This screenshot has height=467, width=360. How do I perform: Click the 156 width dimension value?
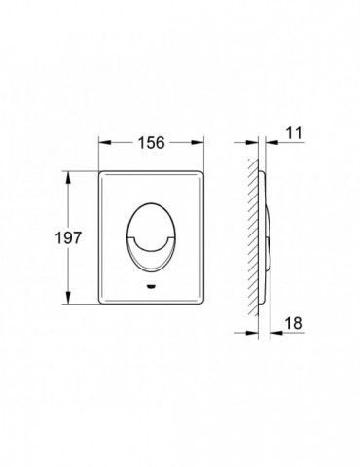(152, 143)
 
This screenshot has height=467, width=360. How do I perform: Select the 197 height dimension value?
(68, 238)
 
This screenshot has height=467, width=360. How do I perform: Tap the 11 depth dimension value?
(294, 133)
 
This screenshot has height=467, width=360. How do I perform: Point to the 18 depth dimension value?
(293, 323)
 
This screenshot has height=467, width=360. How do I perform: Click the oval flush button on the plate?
(151, 237)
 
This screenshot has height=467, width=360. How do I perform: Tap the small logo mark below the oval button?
(151, 286)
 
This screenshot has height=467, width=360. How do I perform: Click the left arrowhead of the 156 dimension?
(105, 143)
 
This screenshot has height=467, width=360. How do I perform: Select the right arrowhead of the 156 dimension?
(198, 143)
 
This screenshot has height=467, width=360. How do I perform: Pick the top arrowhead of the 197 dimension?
(68, 177)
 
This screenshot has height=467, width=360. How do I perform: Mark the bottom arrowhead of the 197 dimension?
(68, 298)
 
